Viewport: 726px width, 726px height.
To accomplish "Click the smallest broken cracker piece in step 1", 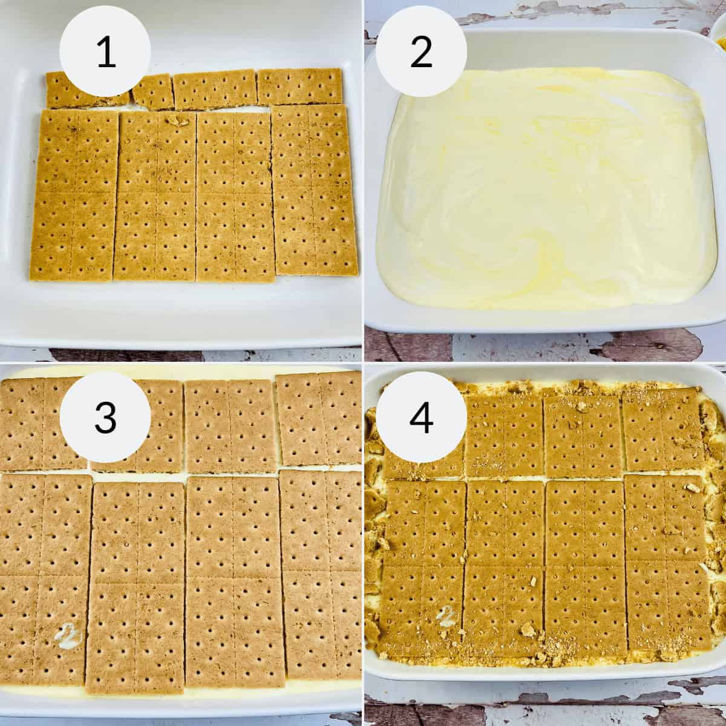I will (x=153, y=92).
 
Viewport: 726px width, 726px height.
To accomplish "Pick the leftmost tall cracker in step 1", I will (x=74, y=195).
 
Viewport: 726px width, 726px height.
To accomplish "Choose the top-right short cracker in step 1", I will (x=299, y=87).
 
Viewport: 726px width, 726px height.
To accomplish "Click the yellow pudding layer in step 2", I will (x=541, y=200).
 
